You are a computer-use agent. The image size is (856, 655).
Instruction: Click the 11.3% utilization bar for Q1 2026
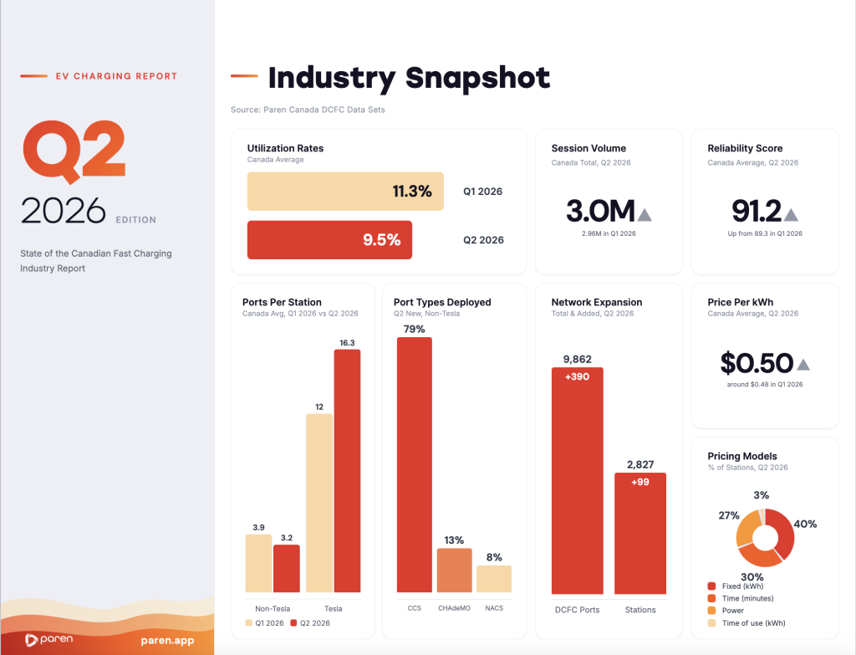tap(345, 192)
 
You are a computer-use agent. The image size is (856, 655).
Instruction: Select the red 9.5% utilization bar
tap(329, 240)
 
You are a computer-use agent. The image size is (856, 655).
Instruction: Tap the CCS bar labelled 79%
tap(415, 465)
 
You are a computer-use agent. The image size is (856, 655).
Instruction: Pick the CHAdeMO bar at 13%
tap(454, 571)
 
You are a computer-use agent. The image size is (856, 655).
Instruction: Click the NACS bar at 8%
tap(494, 579)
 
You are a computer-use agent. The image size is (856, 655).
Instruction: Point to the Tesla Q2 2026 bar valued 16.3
tap(347, 471)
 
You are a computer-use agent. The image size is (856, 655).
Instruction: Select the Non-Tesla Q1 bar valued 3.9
tap(259, 564)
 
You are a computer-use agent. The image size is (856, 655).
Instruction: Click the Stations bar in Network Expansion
tap(640, 533)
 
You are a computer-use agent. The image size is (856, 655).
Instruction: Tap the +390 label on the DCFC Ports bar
tap(577, 377)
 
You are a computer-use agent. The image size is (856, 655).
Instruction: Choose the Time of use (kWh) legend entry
tap(746, 622)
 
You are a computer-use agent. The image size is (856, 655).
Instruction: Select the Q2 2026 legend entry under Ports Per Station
tap(310, 622)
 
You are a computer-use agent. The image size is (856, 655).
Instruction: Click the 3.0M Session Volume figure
tap(600, 211)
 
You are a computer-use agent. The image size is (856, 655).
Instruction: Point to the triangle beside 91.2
tap(791, 215)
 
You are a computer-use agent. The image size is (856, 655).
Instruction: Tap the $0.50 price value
tap(757, 363)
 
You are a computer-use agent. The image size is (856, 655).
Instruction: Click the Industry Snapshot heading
tap(409, 78)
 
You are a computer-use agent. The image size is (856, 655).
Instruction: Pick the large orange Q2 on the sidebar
tap(74, 151)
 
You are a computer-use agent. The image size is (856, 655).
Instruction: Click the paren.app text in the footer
tap(167, 640)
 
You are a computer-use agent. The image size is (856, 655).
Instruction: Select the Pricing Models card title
tap(742, 456)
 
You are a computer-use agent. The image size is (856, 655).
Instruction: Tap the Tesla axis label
tap(333, 608)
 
